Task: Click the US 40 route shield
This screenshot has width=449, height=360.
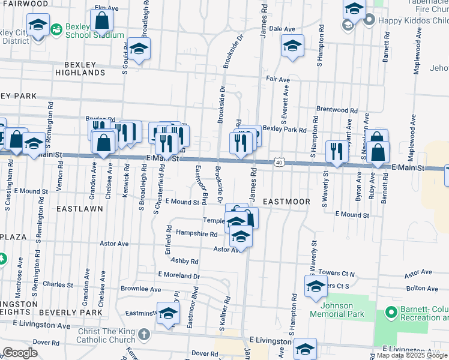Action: click(279, 162)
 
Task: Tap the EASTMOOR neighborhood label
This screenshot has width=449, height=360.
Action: click(286, 202)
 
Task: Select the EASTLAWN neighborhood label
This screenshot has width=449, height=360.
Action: click(80, 209)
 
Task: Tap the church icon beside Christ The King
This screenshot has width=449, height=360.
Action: click(143, 333)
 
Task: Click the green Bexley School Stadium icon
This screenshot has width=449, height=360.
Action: click(56, 28)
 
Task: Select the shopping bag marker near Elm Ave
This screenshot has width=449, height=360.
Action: click(102, 21)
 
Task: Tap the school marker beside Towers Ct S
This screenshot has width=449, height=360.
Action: click(315, 287)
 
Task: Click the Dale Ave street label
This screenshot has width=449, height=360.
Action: click(282, 29)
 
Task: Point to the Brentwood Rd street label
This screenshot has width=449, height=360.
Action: click(337, 110)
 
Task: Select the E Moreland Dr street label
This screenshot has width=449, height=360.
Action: click(179, 275)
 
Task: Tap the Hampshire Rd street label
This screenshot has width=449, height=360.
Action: click(196, 233)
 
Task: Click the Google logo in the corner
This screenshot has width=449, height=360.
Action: click(20, 353)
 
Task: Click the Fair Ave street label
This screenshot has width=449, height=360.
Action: click(278, 79)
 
